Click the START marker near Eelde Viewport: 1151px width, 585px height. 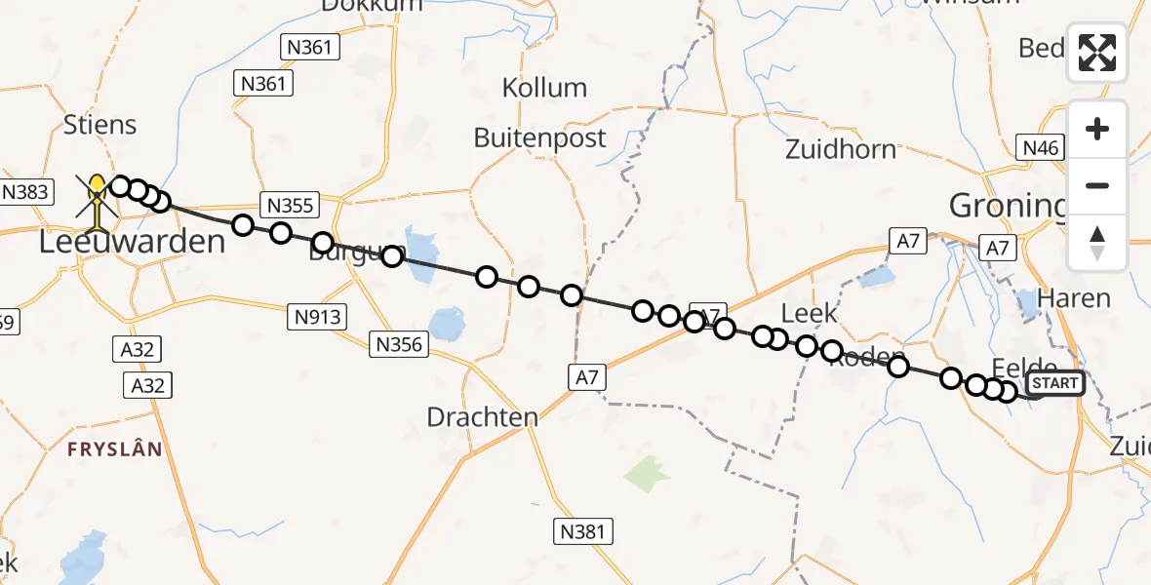tap(1055, 383)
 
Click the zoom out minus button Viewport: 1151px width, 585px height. tap(1097, 185)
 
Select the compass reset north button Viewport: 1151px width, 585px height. tap(1097, 242)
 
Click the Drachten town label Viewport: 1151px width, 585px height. tap(483, 417)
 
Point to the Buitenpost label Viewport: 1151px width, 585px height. tap(539, 137)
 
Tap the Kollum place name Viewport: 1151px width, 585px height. tap(544, 88)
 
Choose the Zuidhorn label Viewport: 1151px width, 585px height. tap(841, 149)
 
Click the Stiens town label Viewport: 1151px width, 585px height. tap(99, 125)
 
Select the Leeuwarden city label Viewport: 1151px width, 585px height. tap(132, 242)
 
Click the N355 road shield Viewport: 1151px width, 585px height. tap(291, 205)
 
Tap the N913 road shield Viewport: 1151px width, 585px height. tap(317, 316)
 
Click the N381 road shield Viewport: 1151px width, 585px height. tap(583, 531)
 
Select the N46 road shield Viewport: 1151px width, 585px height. tap(1039, 148)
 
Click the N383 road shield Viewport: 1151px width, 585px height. tap(26, 191)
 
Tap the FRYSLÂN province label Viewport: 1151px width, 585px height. tap(115, 449)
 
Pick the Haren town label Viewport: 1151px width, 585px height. tap(1075, 298)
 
